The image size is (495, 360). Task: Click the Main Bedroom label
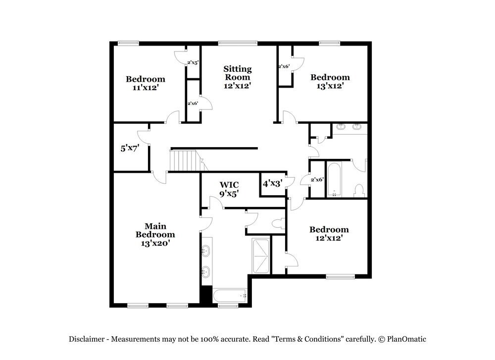tap(155, 230)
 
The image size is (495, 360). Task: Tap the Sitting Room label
tap(238, 73)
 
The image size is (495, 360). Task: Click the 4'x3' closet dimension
tap(272, 183)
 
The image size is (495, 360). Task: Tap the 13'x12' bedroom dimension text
tap(330, 85)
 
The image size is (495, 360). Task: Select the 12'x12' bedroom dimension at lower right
tap(329, 238)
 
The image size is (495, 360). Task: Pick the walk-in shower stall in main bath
tap(261, 256)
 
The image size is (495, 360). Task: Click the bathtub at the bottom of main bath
tap(230, 296)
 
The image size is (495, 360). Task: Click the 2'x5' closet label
tap(193, 63)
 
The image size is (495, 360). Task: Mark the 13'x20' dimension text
tap(155, 243)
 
